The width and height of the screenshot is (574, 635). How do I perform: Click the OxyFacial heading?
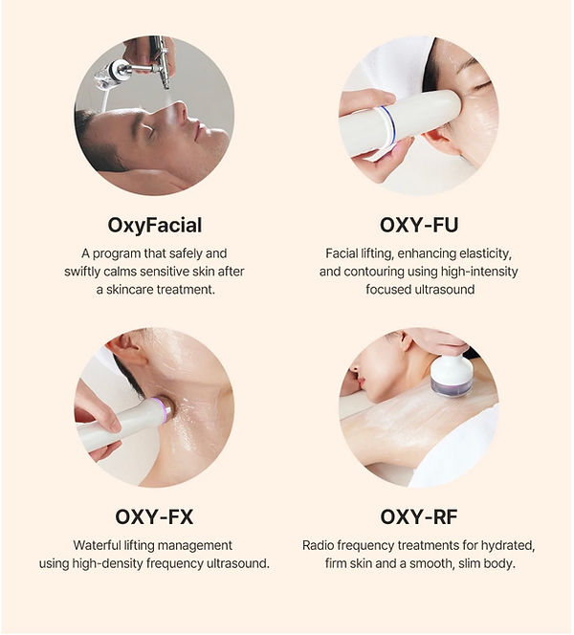pos(154,226)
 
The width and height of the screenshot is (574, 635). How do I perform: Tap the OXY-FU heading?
pos(419,225)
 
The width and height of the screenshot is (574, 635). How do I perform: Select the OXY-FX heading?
pos(154,517)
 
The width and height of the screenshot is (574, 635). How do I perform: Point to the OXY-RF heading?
pos(419,517)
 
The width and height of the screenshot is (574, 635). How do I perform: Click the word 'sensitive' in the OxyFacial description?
pos(162,272)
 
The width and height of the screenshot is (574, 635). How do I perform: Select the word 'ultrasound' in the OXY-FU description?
pos(445,290)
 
